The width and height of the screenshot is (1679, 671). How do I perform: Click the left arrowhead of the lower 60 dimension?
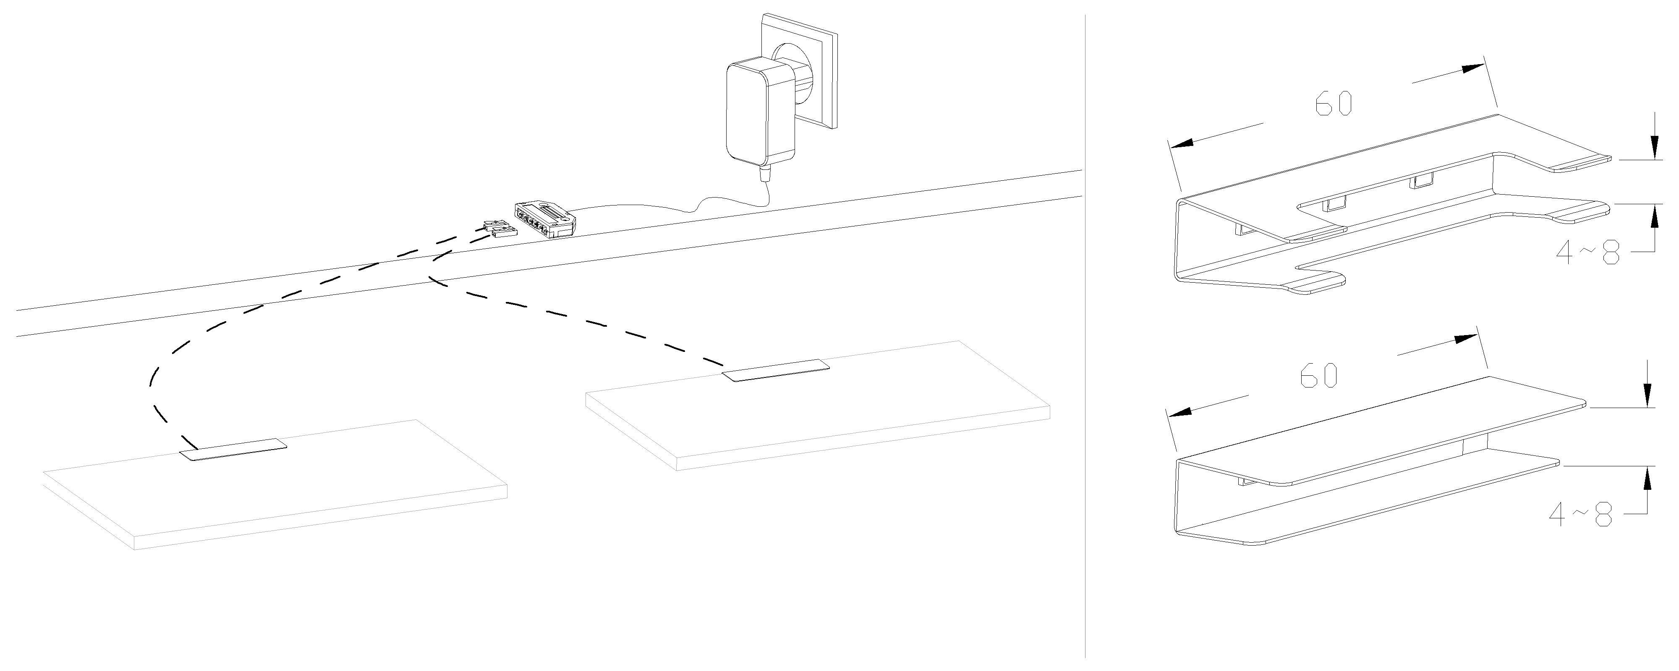click(x=1178, y=411)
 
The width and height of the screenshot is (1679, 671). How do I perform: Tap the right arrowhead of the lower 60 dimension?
click(x=1464, y=339)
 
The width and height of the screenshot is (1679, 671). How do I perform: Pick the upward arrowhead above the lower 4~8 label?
click(x=1647, y=478)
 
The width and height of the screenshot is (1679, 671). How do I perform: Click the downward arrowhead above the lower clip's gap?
click(x=1647, y=394)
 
